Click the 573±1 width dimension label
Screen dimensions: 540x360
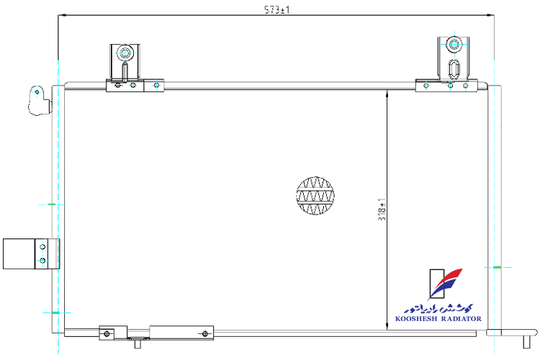click(277, 9)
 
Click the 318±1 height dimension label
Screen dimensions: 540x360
click(382, 210)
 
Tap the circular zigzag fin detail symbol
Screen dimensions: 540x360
click(315, 196)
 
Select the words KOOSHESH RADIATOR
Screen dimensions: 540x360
click(438, 319)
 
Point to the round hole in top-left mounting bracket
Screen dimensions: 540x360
click(125, 53)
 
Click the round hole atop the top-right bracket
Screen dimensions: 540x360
click(454, 45)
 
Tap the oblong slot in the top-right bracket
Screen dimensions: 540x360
click(454, 70)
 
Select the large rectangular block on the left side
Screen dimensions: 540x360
click(19, 253)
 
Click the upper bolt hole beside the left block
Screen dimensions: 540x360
click(42, 247)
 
